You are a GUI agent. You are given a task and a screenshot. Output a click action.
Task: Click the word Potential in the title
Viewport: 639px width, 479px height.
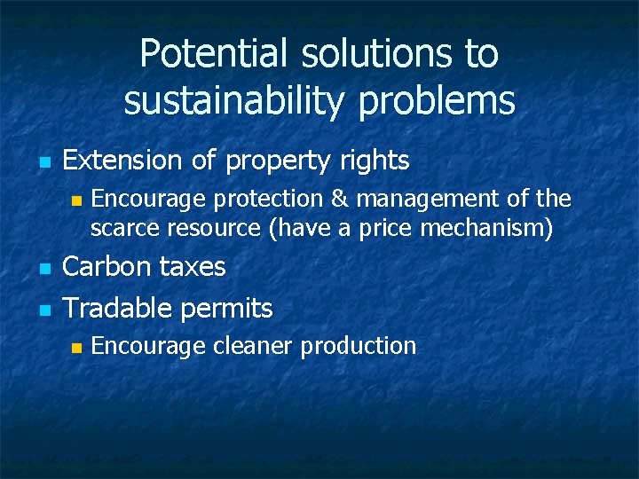[209, 55]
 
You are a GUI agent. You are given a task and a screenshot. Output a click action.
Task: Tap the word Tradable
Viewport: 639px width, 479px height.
[118, 309]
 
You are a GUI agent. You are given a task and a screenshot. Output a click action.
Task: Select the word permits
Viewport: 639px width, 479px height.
[226, 310]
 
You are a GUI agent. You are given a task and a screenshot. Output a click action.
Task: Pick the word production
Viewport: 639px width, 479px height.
[359, 346]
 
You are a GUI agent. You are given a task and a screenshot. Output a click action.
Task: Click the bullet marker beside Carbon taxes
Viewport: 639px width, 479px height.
[41, 268]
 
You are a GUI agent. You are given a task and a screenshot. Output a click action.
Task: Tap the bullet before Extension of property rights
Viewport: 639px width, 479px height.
[41, 162]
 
